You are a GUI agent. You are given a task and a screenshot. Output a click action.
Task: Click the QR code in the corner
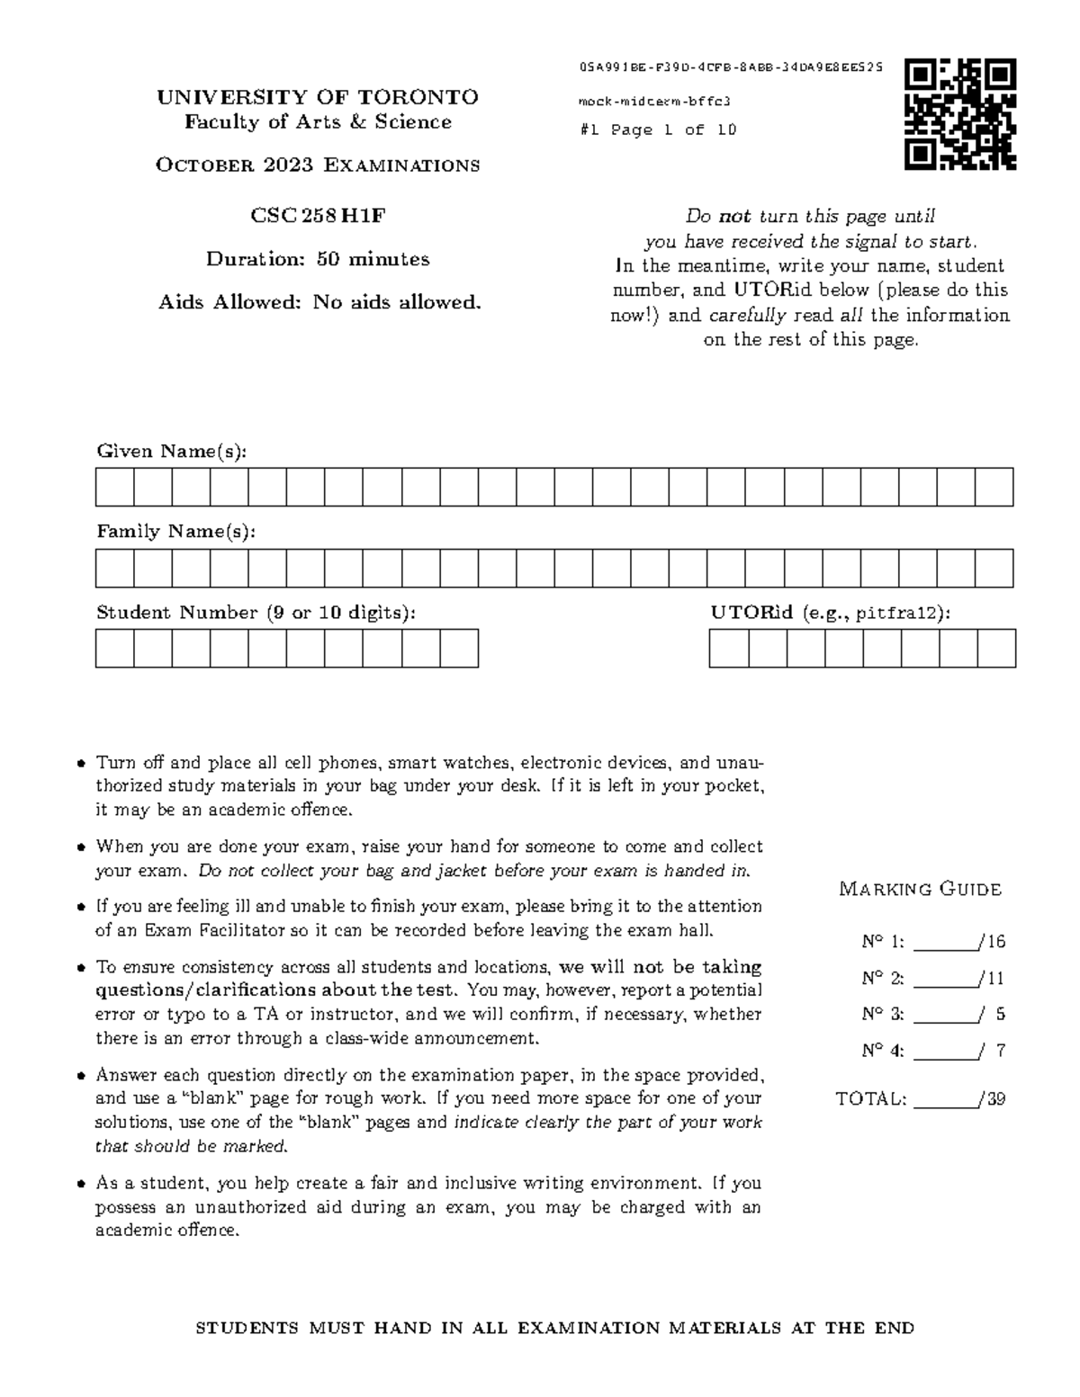[x=960, y=114]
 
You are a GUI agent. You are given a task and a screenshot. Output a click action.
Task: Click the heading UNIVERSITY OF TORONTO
[x=318, y=97]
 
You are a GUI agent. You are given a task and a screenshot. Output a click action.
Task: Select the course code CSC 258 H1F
[x=318, y=216]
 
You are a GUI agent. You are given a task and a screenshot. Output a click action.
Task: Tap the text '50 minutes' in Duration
[x=373, y=259]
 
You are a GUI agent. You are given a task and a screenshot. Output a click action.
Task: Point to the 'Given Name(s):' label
[x=171, y=451]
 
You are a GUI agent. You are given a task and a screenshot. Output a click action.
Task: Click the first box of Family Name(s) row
[x=115, y=569]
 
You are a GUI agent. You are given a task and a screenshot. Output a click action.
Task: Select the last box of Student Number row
[x=459, y=649]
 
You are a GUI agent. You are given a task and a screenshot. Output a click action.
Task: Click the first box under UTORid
[x=729, y=649]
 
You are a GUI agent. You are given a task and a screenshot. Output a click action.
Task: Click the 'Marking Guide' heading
[x=920, y=890]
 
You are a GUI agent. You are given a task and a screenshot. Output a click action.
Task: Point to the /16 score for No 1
[x=994, y=942]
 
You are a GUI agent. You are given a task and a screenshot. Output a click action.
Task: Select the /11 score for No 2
[x=994, y=978]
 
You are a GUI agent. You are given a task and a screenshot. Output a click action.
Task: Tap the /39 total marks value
[x=994, y=1098]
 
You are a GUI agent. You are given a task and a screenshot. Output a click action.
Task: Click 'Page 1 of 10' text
[x=673, y=130]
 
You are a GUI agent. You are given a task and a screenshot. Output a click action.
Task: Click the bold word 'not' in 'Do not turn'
[x=734, y=216]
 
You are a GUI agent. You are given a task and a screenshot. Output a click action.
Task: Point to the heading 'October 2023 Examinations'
[x=318, y=166]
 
